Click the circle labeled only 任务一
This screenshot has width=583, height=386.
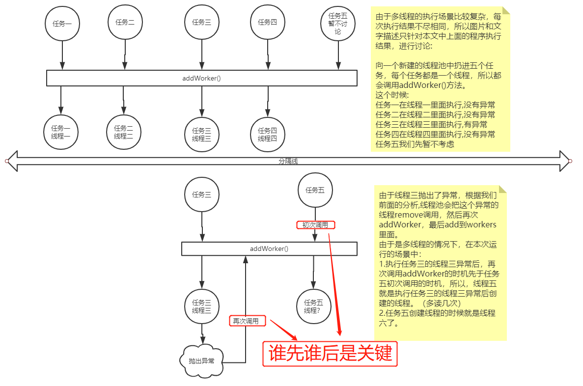point(62,24)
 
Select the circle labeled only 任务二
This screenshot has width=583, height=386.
point(125,22)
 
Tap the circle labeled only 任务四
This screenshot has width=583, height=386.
point(267,22)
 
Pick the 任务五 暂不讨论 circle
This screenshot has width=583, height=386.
point(337,23)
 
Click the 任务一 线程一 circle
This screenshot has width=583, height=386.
point(61,132)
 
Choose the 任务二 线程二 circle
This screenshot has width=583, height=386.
point(124,132)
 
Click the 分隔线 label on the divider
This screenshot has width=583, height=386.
point(288,161)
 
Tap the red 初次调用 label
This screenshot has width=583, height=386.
point(315,225)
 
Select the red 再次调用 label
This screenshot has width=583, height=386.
point(248,321)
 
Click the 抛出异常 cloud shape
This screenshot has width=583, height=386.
point(201,360)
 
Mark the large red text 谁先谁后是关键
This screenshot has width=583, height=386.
point(330,354)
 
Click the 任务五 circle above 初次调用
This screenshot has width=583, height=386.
point(315,190)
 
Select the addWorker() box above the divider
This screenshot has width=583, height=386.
point(201,78)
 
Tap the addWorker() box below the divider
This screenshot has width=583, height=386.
point(269,248)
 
